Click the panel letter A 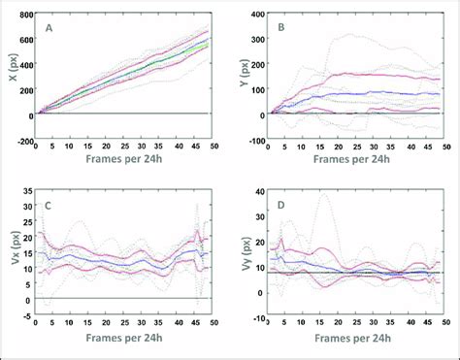[x=49, y=29]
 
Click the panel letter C [x=49, y=206]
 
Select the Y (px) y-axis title [x=241, y=78]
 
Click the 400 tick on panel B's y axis [x=256, y=16]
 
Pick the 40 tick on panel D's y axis [x=258, y=192]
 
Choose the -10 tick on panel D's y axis [x=256, y=317]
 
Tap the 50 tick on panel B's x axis [x=445, y=149]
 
